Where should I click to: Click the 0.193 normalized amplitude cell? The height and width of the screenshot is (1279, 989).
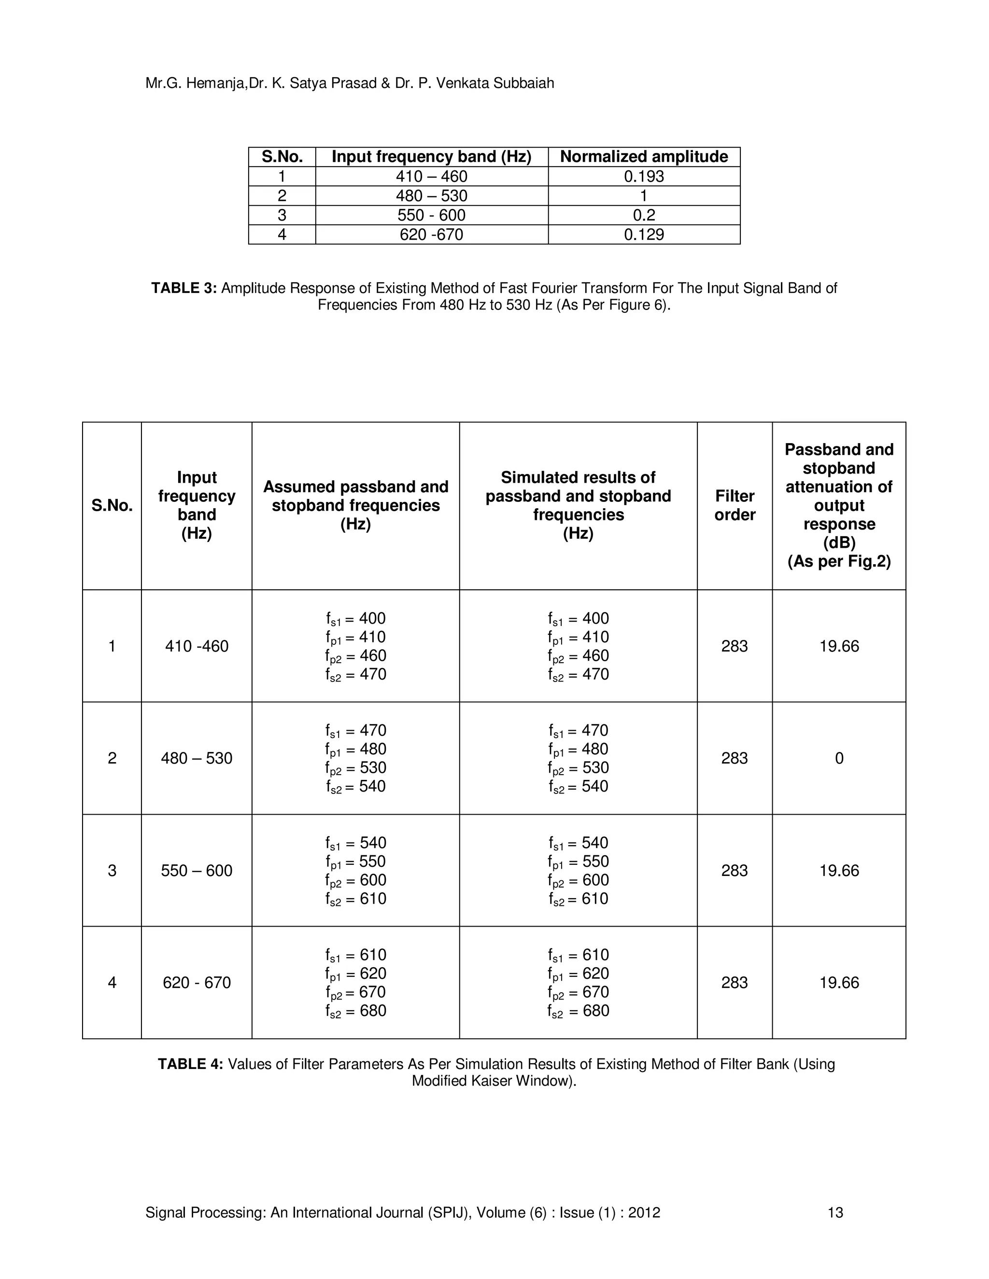643,176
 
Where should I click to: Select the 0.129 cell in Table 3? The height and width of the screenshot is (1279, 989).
643,235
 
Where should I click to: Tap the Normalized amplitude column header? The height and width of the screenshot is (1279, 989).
643,156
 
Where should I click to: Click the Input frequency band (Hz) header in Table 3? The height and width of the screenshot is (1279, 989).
431,156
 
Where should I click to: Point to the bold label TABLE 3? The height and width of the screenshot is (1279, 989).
184,288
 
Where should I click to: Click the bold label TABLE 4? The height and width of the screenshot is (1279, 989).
190,1064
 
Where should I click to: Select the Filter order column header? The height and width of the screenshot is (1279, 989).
734,505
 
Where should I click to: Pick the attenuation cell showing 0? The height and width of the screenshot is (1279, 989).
838,758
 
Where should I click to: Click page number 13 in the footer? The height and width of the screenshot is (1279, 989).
835,1213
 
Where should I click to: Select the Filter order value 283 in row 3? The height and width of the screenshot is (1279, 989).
734,871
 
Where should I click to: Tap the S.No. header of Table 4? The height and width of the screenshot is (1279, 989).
112,506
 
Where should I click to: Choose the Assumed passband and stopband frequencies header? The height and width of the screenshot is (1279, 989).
355,505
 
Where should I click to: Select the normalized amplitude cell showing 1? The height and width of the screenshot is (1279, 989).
643,195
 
